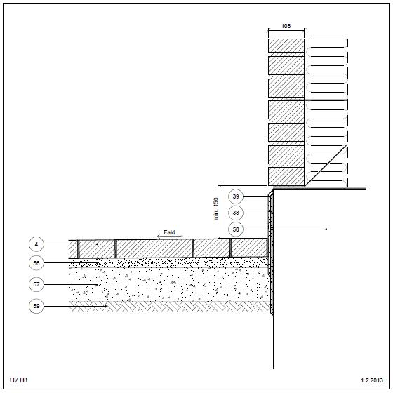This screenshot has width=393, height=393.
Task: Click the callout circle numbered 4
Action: pos(36,244)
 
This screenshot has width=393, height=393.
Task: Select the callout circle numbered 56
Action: pos(36,263)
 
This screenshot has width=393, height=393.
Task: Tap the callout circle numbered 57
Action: pos(36,284)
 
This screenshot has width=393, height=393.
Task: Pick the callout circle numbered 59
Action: pos(36,306)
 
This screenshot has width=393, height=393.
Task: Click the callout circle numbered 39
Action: pos(236,196)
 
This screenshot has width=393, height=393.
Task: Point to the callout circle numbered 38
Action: pos(236,213)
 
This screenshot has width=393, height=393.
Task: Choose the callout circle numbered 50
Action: pos(236,229)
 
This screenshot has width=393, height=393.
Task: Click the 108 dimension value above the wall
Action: pos(286,26)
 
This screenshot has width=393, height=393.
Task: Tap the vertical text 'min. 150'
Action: pos(216,208)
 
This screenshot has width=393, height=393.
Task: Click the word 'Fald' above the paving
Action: pos(169,232)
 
